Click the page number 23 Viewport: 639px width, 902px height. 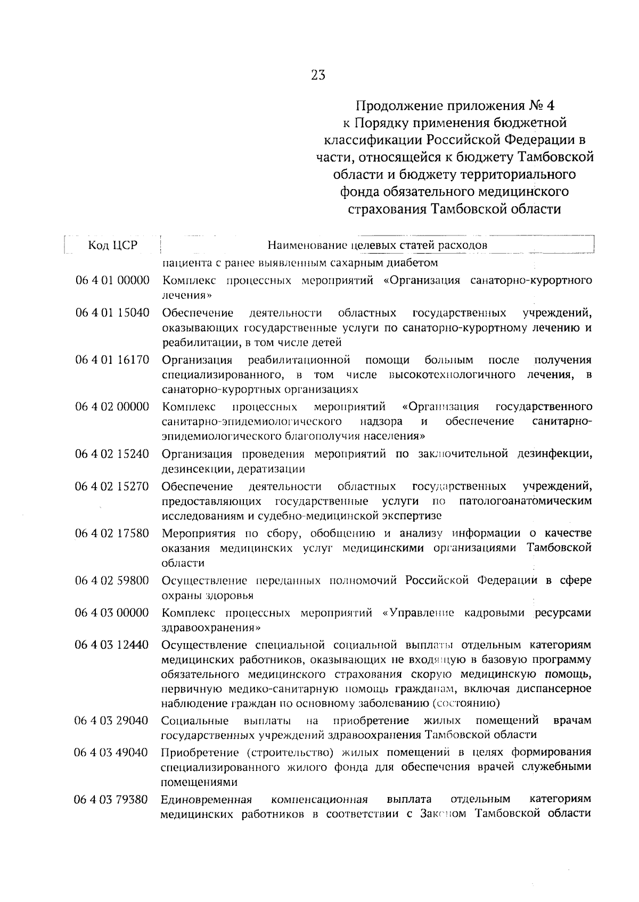click(318, 75)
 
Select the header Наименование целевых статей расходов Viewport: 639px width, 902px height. click(377, 246)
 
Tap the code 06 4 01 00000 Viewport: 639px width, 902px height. click(112, 280)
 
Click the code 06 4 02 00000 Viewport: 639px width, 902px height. click(112, 407)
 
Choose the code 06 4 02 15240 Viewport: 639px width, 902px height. click(112, 454)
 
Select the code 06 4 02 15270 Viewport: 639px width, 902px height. click(112, 486)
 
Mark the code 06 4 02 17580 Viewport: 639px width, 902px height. click(112, 533)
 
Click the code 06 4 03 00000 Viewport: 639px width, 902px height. click(112, 613)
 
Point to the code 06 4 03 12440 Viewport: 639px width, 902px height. click(112, 645)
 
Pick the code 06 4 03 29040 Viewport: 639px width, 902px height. click(112, 721)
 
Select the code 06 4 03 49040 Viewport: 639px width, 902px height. click(112, 752)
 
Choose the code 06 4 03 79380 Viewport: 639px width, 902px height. click(112, 799)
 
